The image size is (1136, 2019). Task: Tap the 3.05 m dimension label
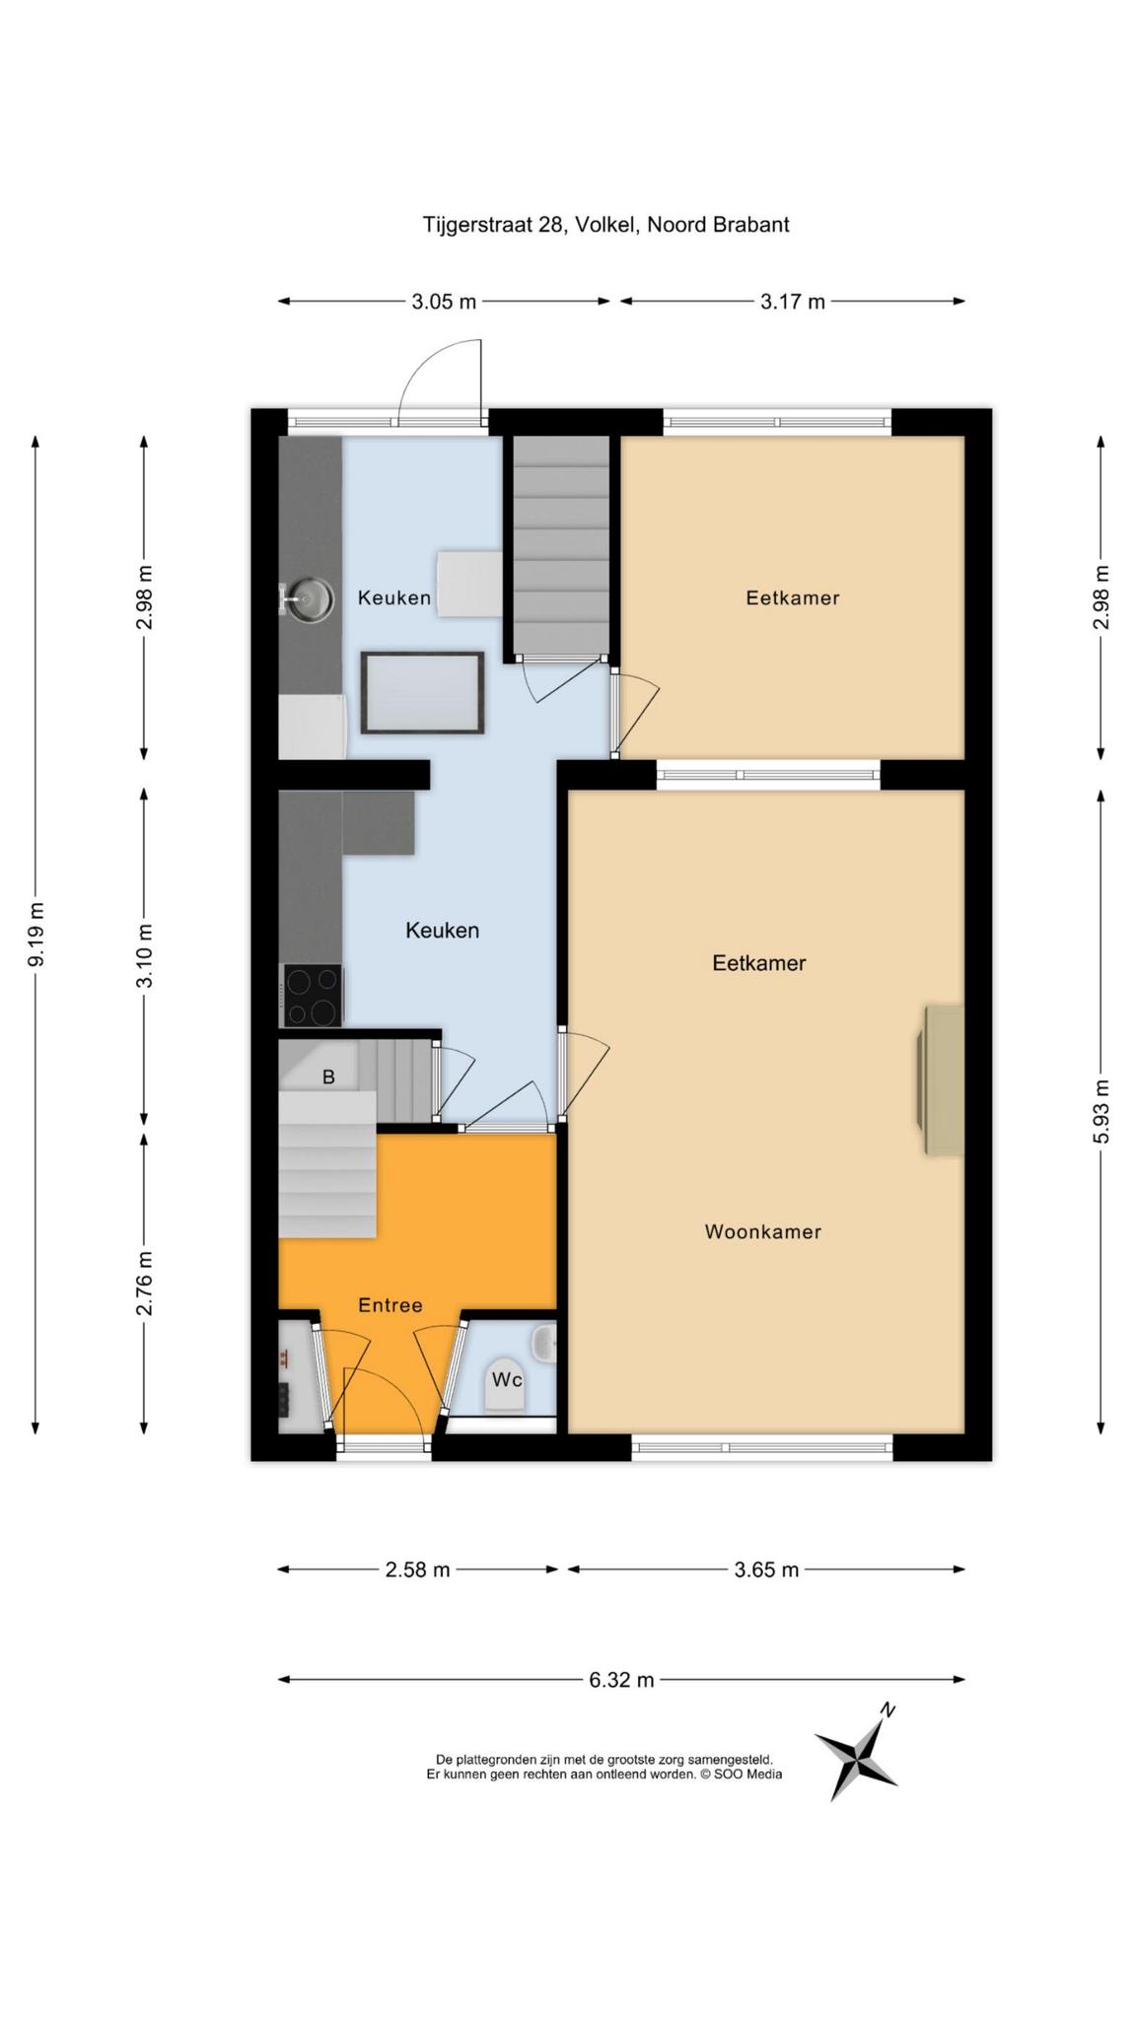(x=444, y=302)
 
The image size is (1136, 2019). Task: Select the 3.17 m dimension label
(x=792, y=302)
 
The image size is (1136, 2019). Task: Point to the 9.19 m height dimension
(x=36, y=935)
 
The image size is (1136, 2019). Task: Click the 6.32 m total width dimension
(x=621, y=1679)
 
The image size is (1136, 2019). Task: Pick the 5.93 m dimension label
(x=1101, y=1111)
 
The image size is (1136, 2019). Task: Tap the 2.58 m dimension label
(x=417, y=1569)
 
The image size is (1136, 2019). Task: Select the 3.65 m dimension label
(x=766, y=1569)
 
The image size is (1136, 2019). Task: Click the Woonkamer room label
(x=763, y=1231)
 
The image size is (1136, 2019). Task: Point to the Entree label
(x=390, y=1305)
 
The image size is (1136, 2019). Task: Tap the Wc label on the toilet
(x=507, y=1379)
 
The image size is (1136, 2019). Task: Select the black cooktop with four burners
(x=313, y=996)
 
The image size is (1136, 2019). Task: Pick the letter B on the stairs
(x=328, y=1078)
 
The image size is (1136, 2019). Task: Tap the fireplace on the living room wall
(x=941, y=1079)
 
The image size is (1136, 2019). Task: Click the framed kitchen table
(x=423, y=693)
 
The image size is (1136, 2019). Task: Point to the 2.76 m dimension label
(x=145, y=1283)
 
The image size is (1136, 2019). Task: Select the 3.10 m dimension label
(x=145, y=955)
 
